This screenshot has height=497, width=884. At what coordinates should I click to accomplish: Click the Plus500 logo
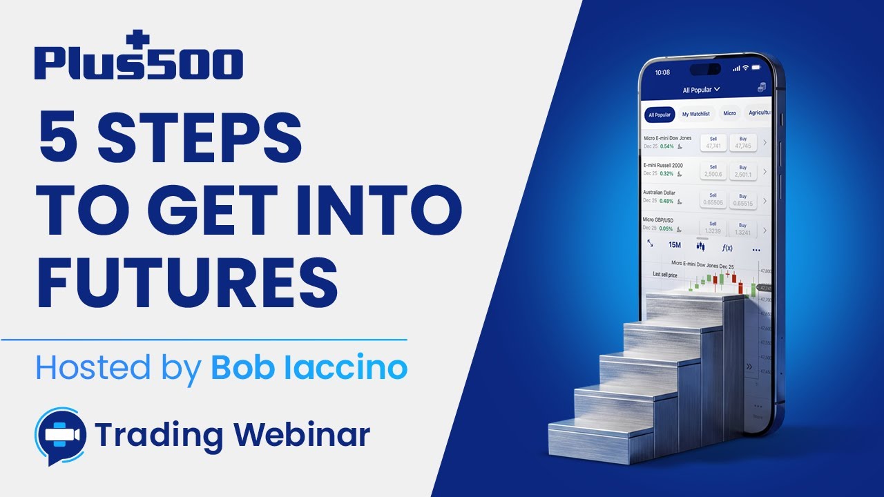(138, 58)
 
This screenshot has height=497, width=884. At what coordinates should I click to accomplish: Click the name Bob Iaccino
(309, 369)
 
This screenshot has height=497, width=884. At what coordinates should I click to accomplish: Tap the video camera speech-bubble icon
(60, 436)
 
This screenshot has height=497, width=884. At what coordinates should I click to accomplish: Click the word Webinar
(301, 435)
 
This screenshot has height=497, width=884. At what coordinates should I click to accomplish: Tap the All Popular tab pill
(659, 115)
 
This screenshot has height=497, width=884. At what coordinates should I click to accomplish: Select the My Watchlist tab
(695, 114)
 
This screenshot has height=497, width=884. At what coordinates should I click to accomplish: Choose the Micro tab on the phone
(729, 113)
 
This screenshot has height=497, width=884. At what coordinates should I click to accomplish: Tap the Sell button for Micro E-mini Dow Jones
(713, 142)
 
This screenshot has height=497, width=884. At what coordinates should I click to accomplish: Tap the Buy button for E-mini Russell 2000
(742, 171)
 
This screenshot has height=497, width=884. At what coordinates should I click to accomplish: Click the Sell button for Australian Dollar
(713, 199)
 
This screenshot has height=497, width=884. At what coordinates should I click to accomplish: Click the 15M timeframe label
(675, 245)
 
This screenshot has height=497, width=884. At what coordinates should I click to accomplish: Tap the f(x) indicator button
(727, 248)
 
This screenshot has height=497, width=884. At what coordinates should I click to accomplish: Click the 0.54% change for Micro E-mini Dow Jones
(666, 146)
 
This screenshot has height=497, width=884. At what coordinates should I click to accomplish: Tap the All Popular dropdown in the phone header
(701, 90)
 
